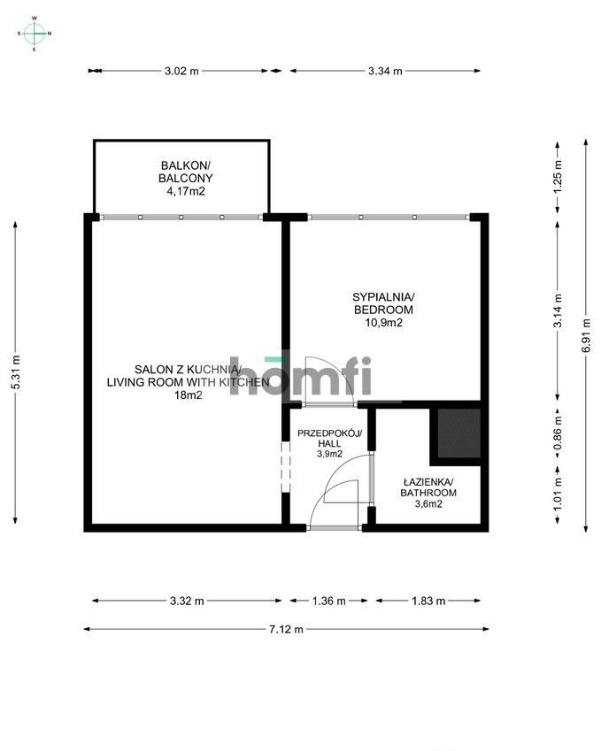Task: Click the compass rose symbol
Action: pos(35,34)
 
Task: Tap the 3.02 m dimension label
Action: pos(181,71)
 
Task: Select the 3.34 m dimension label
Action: pos(385,71)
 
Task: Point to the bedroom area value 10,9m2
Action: pos(383,324)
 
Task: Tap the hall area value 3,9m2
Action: pos(327,454)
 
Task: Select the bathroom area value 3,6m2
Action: pos(428,505)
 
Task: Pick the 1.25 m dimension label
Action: pos(557,176)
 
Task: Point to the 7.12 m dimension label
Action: pos(286,629)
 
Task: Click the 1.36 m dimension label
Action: pos(327,601)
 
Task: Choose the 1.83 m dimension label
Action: pos(429,601)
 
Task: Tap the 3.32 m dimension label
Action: pos(186,601)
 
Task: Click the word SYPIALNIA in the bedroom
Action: pos(383,296)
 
